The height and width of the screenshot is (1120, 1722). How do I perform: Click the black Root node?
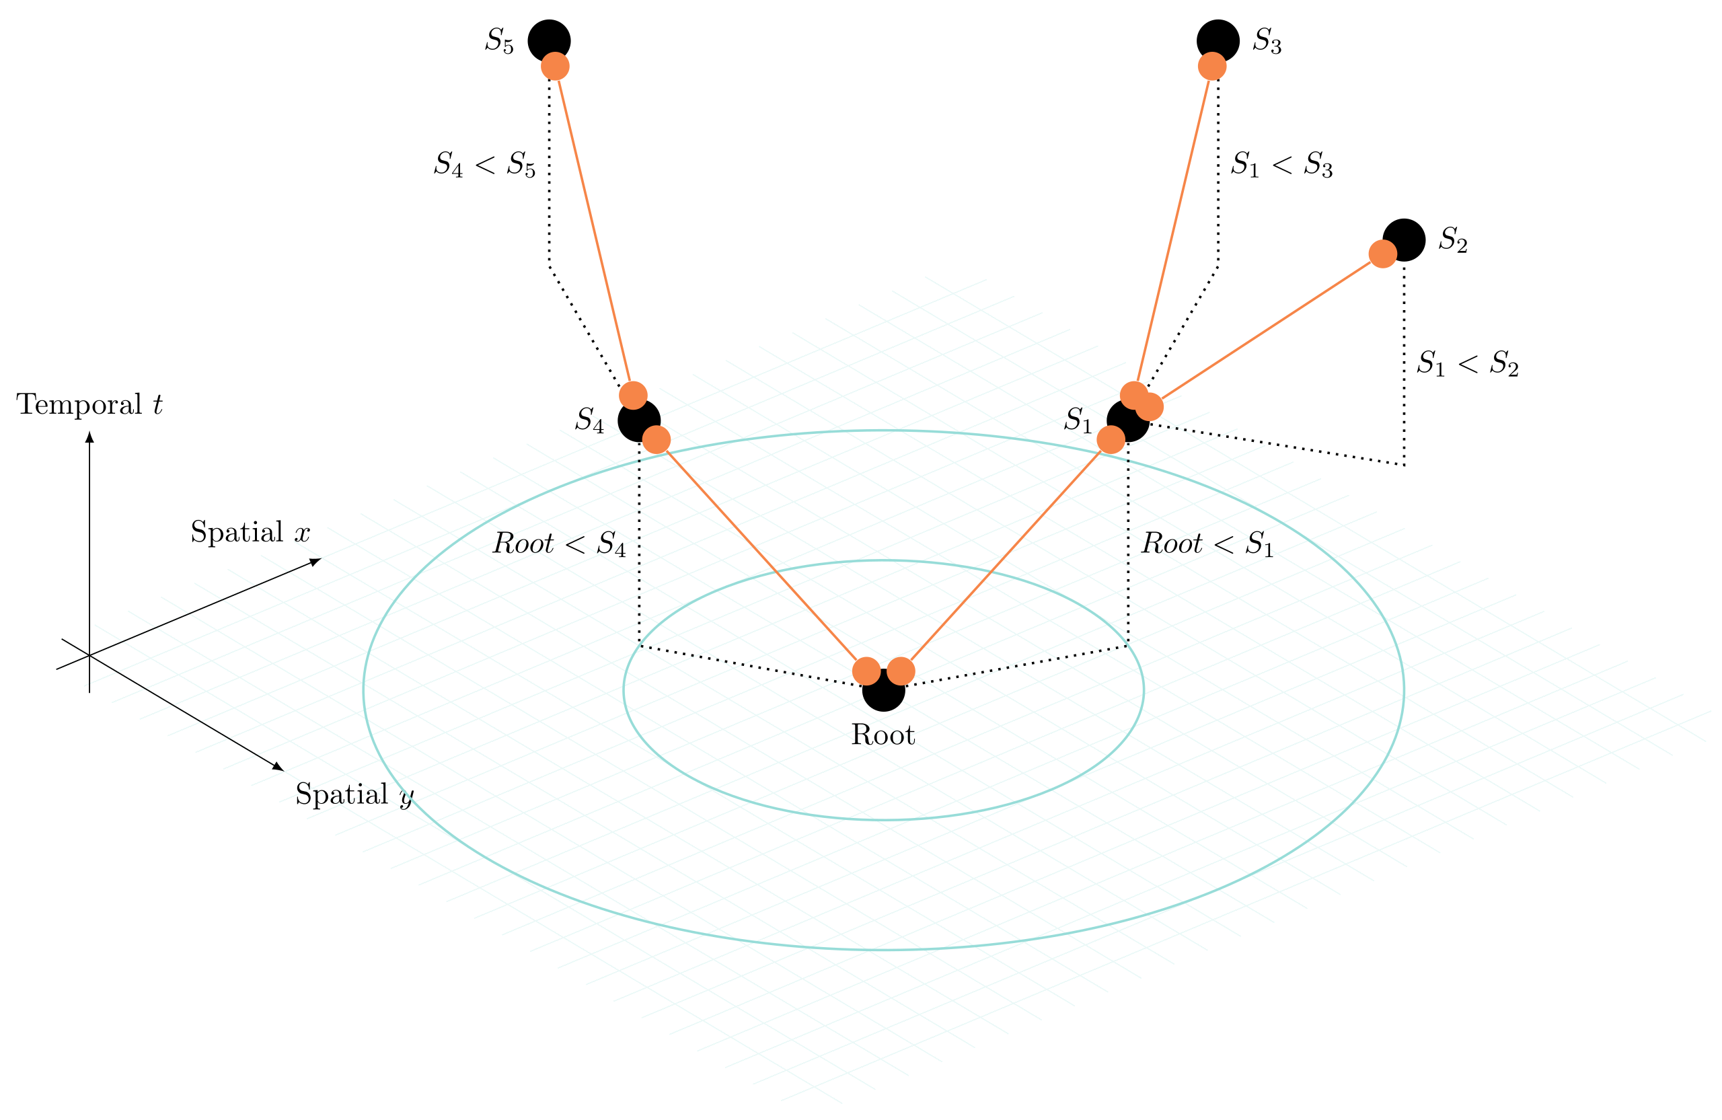[883, 695]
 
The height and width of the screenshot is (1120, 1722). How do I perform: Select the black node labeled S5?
[548, 36]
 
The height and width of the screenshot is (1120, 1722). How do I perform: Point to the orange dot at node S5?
[555, 67]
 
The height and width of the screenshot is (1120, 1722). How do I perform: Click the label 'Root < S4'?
[558, 544]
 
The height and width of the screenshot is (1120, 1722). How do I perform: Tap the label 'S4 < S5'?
[484, 165]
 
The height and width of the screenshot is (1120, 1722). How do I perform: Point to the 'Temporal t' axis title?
[89, 405]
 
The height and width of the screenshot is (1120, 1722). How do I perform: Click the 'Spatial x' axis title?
[250, 533]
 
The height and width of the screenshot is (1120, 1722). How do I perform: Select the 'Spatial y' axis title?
[354, 794]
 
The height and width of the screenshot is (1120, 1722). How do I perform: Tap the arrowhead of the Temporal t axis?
[89, 437]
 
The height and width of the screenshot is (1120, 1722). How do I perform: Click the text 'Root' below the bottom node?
[883, 736]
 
